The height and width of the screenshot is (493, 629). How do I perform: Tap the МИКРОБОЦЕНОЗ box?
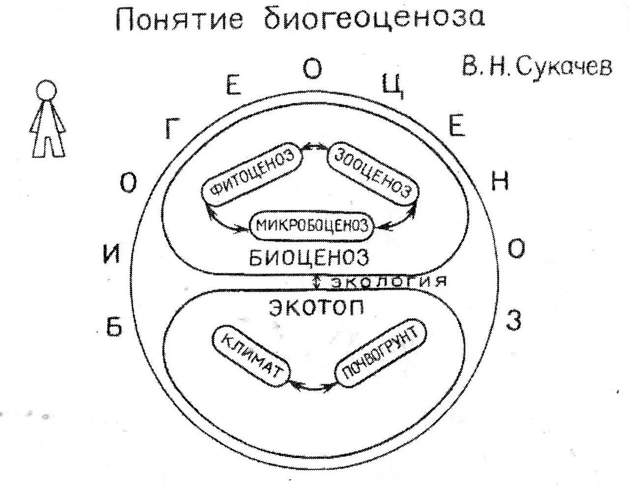[312, 226]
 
